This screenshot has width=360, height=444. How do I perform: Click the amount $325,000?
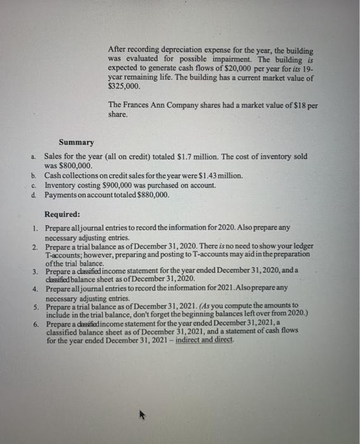click(120, 86)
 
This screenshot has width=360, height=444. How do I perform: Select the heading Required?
click(63, 214)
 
